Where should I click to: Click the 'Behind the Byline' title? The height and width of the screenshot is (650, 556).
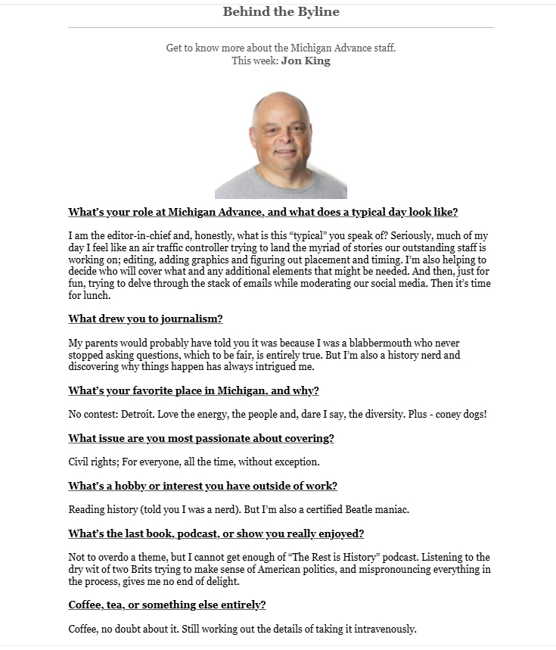coord(281,11)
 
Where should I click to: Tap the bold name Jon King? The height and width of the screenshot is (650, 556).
coord(306,61)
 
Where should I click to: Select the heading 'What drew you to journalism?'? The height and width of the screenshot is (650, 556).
coord(145,319)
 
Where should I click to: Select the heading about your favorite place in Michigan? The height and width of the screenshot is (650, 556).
coord(194,390)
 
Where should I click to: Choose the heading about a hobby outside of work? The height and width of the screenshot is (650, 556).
coord(203,486)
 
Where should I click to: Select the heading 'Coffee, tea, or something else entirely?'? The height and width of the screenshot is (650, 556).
coord(167,605)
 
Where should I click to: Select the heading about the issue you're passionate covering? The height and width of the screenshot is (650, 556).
coord(201,438)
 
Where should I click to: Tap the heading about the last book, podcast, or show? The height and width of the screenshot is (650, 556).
coord(216,533)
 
